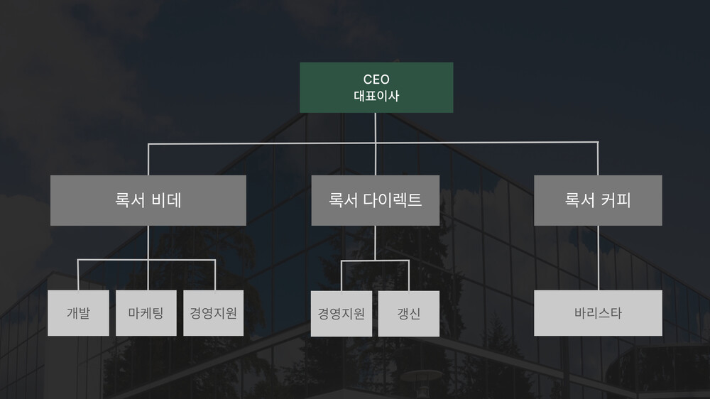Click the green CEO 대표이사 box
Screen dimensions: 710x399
pyautogui.click(x=376, y=87)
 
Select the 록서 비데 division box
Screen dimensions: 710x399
pyautogui.click(x=148, y=200)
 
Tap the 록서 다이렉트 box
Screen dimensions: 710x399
pyautogui.click(x=376, y=200)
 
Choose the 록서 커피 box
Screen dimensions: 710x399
pyautogui.click(x=598, y=200)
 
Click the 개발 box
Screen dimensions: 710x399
pyautogui.click(x=78, y=313)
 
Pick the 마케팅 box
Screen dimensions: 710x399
pyautogui.click(x=146, y=313)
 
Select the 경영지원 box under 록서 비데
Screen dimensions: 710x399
pyautogui.click(x=213, y=313)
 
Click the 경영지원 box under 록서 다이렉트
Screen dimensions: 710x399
pyautogui.click(x=342, y=313)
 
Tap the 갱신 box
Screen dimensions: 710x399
pyautogui.click(x=408, y=313)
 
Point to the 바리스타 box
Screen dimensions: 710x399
pyautogui.click(x=598, y=313)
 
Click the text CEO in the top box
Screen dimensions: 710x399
pyautogui.click(x=376, y=80)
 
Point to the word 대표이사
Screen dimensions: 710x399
pyautogui.click(x=376, y=96)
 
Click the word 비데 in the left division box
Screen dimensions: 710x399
pyautogui.click(x=166, y=199)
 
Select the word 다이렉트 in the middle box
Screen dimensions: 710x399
pyautogui.click(x=393, y=199)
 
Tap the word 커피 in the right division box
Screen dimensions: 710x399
pyautogui.click(x=616, y=199)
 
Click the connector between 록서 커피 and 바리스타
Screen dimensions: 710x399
pyautogui.click(x=598, y=258)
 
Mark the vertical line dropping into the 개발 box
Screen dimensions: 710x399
pyautogui.click(x=78, y=275)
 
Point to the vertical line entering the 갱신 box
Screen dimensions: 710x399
pyautogui.click(x=409, y=275)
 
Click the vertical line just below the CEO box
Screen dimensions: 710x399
pyautogui.click(x=376, y=128)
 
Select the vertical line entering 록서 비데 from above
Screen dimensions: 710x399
pyautogui.click(x=148, y=160)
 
